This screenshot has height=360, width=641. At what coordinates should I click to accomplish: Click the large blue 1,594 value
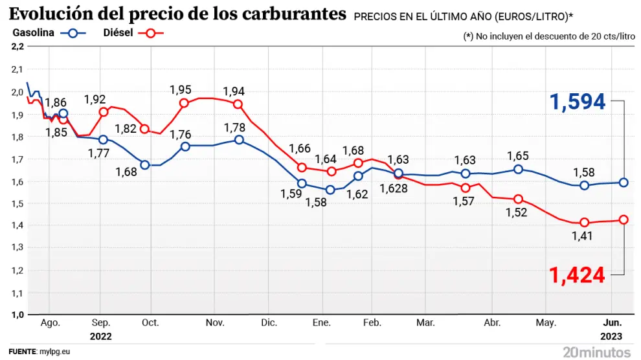point(578,102)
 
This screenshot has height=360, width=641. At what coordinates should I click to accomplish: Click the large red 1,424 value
point(578,275)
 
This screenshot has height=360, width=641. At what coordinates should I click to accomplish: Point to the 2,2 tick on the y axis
point(17,47)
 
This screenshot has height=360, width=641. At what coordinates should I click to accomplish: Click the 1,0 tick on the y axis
point(17,315)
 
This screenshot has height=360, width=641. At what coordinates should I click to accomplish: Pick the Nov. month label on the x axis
point(214,323)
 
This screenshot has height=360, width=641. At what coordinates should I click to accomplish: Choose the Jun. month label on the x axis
point(613,323)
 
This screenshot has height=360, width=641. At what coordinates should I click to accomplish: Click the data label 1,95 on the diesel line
point(181,90)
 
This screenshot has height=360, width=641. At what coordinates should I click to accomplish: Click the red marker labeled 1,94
point(238,104)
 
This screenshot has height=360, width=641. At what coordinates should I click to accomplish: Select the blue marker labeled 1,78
point(239,140)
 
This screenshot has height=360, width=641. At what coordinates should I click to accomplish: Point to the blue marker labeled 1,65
point(518,169)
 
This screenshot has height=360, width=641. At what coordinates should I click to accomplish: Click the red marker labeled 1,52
point(518,199)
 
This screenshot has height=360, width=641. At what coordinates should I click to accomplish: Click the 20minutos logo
point(596,352)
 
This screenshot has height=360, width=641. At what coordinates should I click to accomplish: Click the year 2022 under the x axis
point(100,337)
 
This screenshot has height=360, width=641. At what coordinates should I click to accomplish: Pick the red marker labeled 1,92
point(103,112)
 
